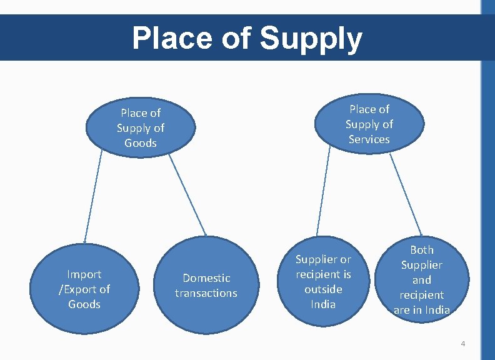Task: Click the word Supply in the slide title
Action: pos(311,39)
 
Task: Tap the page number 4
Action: pos(462,344)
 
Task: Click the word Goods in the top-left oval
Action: pos(141,143)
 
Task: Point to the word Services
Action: pos(369,139)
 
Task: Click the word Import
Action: pos(84,274)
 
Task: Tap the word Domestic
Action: pos(206,278)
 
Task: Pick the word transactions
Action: pos(206,293)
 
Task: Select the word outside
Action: pos(323,289)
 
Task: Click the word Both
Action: pos(421,250)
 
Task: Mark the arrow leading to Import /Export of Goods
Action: pos(92,197)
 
